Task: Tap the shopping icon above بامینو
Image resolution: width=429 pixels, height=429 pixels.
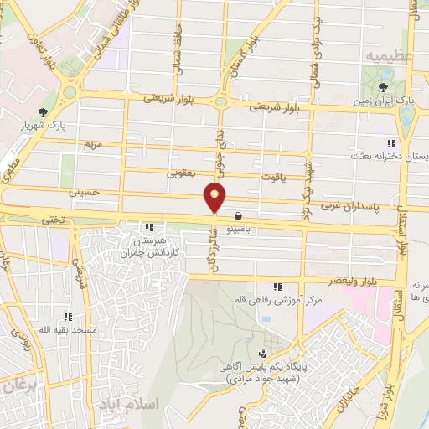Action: (239, 214)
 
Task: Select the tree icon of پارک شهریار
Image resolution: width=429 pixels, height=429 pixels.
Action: (44, 113)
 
